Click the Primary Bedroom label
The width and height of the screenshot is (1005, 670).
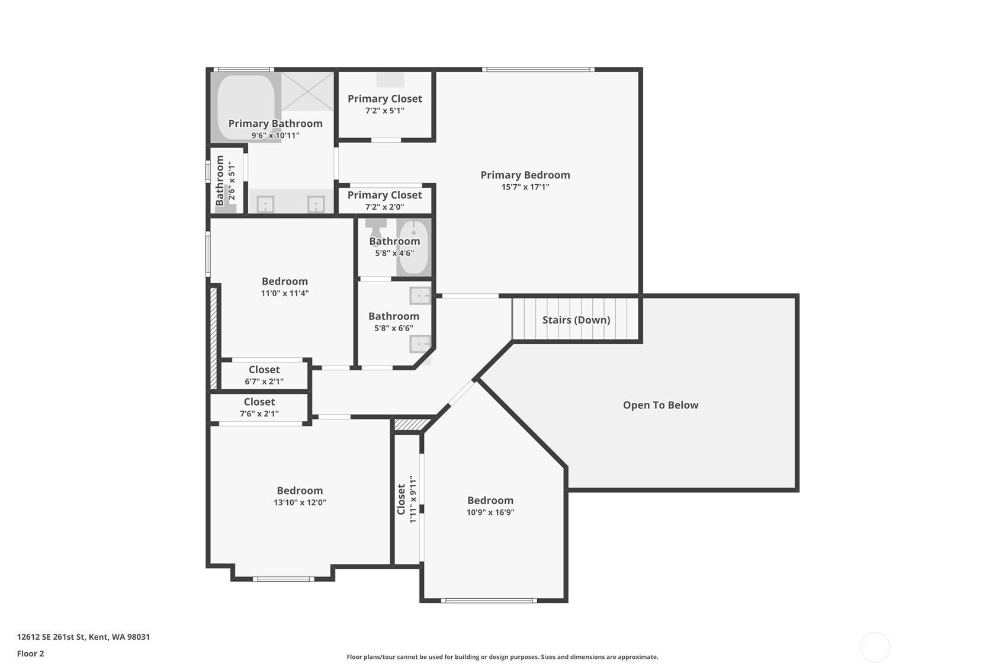[525, 175]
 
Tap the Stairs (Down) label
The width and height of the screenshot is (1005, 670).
[576, 320]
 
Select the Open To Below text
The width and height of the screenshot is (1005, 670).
[660, 405]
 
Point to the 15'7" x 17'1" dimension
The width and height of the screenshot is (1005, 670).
[525, 187]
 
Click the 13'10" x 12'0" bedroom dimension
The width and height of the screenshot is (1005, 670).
[300, 502]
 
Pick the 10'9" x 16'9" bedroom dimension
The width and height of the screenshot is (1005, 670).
[490, 512]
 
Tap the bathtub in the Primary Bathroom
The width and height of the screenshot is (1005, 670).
[246, 107]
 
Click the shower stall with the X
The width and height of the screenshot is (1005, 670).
[307, 91]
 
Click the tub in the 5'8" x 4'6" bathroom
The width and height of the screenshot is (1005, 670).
[413, 247]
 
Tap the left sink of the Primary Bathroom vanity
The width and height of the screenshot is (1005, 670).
[265, 204]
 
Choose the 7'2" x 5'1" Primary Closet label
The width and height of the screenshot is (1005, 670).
[385, 104]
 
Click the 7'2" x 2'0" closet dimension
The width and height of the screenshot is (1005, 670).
[384, 207]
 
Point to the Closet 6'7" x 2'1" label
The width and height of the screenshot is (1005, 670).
[264, 375]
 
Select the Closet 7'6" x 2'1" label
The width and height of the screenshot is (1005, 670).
[259, 408]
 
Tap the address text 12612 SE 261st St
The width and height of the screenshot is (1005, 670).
[51, 637]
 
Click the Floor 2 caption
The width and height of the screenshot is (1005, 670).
[31, 654]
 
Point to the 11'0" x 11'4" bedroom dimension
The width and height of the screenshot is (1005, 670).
[285, 293]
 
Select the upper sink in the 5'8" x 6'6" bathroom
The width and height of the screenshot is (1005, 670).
[420, 296]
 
